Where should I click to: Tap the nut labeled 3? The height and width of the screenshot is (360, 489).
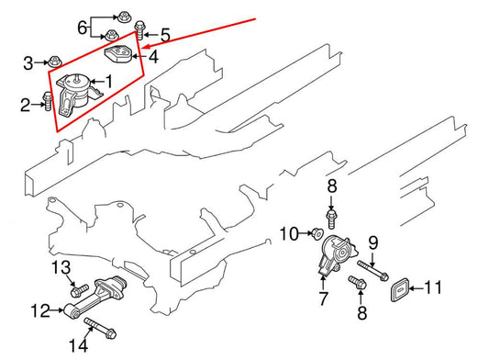coord(55,62)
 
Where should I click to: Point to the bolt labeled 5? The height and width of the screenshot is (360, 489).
coord(140,28)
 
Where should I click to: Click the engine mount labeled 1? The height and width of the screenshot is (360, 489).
coord(76,96)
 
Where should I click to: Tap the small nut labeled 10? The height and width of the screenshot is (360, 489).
coord(315,234)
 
